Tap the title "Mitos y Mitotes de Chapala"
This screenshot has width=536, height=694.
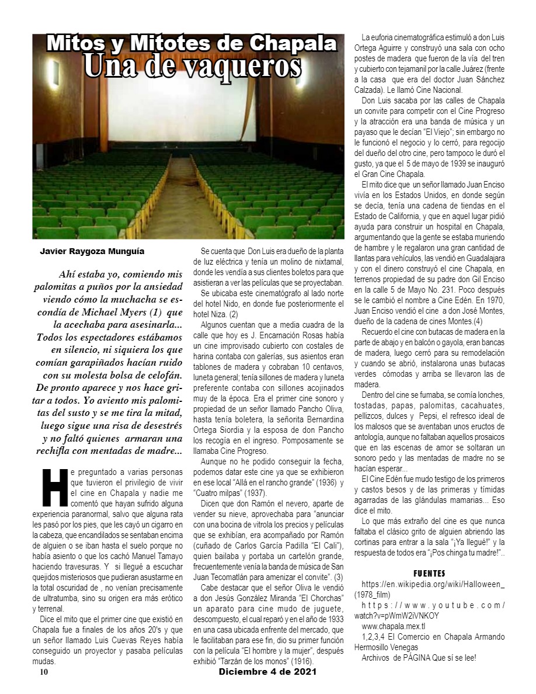pos(192,43)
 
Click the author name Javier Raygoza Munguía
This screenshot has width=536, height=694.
pos(92,252)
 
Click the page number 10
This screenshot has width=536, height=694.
pos(43,672)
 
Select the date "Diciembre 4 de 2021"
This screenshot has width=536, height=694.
pos(267,672)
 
